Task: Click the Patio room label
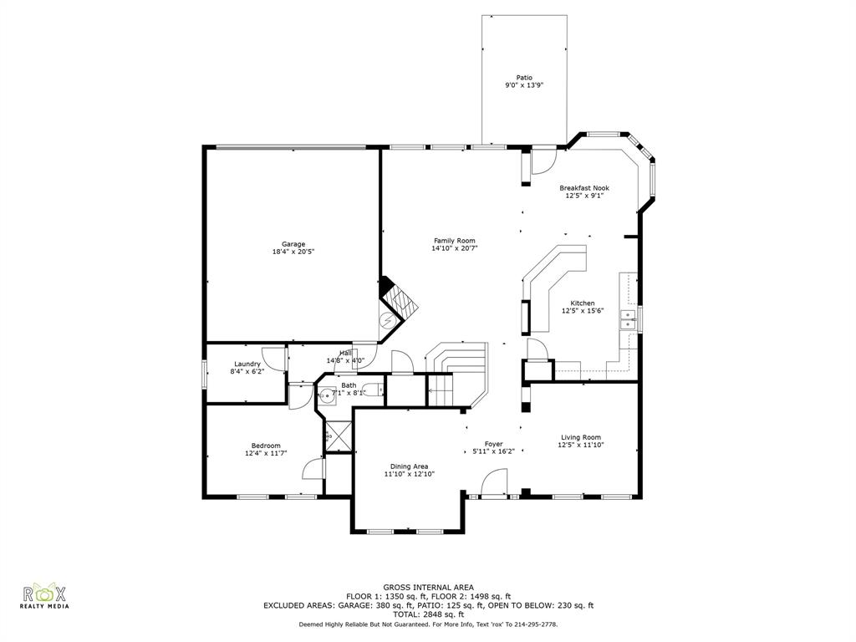(x=524, y=78)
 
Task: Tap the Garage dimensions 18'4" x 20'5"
(x=293, y=252)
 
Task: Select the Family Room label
(x=454, y=241)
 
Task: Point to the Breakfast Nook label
(x=584, y=188)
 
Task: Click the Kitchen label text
(x=583, y=303)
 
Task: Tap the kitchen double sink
(x=626, y=319)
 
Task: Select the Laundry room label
(x=247, y=364)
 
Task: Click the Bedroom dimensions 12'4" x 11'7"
(x=266, y=454)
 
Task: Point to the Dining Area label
(x=409, y=466)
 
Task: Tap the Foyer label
(x=493, y=444)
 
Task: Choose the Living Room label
(x=580, y=437)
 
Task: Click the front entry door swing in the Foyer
(x=494, y=483)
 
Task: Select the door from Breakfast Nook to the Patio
(x=544, y=159)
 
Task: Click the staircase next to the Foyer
(x=456, y=368)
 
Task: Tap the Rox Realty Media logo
(x=44, y=597)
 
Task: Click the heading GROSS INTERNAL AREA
(x=428, y=588)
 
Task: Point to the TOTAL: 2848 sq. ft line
(x=428, y=614)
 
